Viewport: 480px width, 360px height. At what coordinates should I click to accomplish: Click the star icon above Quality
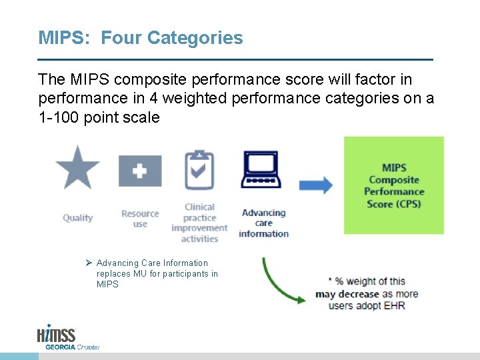coord(77,167)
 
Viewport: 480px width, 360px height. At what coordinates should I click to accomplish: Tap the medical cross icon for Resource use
coord(139,171)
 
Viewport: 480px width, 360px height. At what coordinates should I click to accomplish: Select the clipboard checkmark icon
coord(199,170)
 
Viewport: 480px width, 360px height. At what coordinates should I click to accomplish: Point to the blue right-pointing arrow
coord(315,185)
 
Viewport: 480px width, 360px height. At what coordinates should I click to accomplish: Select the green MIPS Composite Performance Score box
coord(393,185)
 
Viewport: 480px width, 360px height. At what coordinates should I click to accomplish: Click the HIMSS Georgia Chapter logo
coord(67,337)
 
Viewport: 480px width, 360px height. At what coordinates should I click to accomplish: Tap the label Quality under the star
coord(77,218)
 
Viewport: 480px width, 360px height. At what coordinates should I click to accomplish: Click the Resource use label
coord(140,219)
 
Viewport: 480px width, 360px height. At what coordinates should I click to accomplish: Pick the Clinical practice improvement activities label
coord(199,223)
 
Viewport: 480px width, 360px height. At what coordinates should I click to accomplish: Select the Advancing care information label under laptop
coord(263,223)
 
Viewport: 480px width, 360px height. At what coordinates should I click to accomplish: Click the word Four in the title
coord(122,38)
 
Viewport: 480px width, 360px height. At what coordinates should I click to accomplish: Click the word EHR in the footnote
coord(393,306)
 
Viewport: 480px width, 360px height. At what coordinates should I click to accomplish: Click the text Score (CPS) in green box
coord(393,204)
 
